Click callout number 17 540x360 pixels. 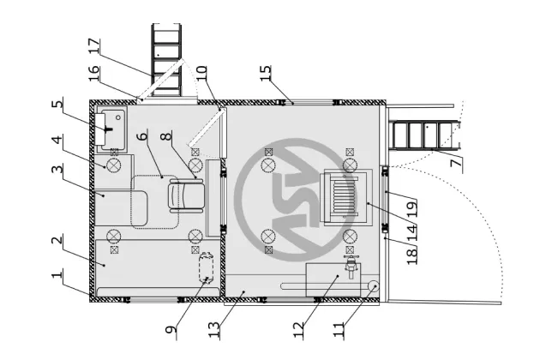tap(94, 46)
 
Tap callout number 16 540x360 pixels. tap(94, 74)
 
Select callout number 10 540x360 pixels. tap(201, 74)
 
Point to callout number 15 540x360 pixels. tap(265, 74)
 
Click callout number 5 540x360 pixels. tap(57, 104)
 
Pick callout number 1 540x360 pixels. tap(57, 274)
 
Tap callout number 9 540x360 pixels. tap(171, 330)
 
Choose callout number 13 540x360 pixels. tap(214, 330)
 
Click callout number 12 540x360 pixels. tap(298, 330)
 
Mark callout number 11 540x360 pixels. tap(339, 330)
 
